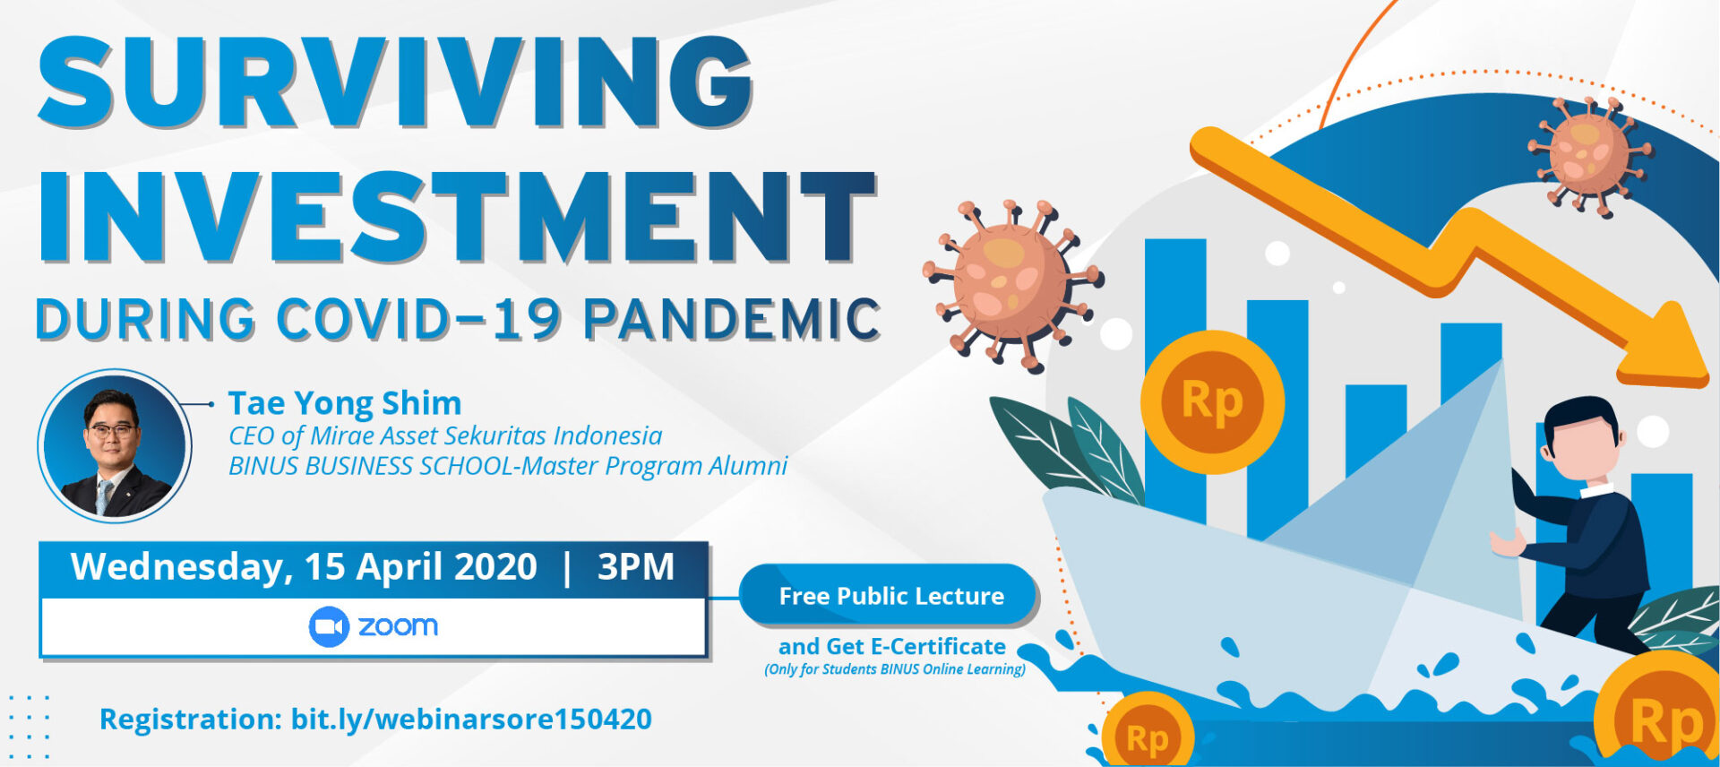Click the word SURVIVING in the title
click(x=394, y=82)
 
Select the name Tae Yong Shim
click(x=345, y=403)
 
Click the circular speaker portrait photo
click(x=114, y=446)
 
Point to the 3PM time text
click(x=635, y=567)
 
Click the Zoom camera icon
click(x=329, y=626)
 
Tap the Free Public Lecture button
click(x=890, y=596)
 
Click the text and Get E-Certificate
click(x=891, y=646)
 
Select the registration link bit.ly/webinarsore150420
click(x=471, y=719)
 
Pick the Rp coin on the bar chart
click(x=1212, y=401)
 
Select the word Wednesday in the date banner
click(x=179, y=567)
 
